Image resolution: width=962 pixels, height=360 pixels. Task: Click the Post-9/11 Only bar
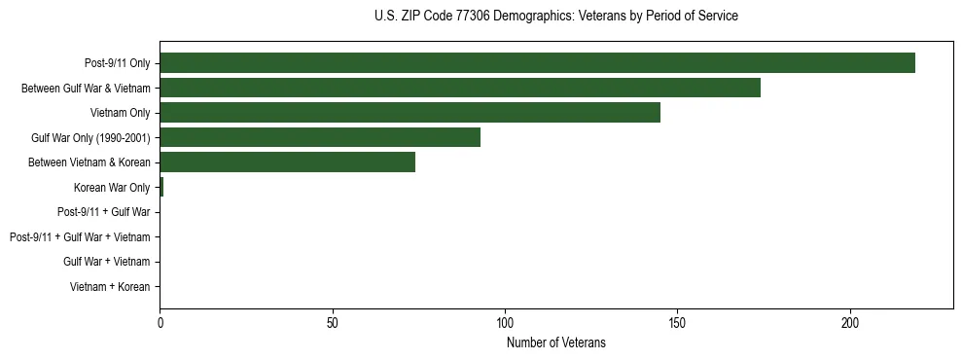[537, 63]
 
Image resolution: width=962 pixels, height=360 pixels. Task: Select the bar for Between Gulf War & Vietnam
[460, 88]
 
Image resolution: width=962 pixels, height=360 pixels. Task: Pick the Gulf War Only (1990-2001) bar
[320, 138]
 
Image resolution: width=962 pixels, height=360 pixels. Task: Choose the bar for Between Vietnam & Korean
[287, 162]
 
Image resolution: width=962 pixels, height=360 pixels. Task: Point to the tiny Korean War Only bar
[161, 188]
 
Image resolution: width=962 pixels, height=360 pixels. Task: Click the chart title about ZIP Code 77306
[555, 17]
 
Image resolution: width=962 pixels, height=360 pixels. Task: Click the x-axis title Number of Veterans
[555, 342]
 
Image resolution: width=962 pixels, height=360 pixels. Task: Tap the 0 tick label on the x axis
[160, 322]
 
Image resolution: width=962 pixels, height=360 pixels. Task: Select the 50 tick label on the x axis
[333, 322]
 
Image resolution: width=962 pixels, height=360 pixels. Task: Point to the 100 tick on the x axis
[505, 322]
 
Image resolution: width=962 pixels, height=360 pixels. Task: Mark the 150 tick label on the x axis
[678, 322]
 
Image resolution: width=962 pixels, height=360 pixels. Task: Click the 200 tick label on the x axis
[850, 322]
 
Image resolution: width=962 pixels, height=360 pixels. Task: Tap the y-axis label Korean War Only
[112, 188]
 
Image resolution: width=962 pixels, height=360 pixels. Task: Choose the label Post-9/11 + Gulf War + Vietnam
[80, 237]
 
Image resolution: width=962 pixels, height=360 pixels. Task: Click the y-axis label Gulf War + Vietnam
[107, 262]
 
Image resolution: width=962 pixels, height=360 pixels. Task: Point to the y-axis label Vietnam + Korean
[110, 287]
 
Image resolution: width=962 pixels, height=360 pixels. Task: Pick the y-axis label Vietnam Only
[120, 113]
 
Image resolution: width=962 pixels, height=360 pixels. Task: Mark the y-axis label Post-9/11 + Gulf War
[104, 212]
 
